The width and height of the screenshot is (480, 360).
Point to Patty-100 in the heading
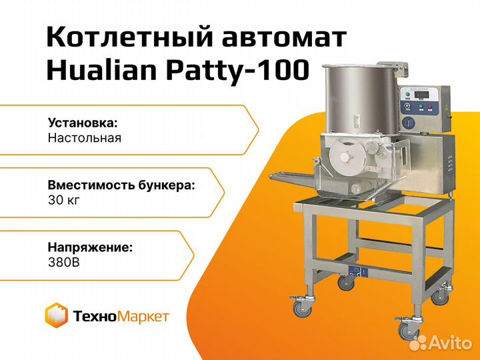coord(237,71)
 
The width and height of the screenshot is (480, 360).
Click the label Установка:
coord(83,123)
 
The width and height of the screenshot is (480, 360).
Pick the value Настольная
coord(85,138)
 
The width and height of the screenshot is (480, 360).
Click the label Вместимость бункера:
coord(121,185)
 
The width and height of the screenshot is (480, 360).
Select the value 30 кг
coord(64,200)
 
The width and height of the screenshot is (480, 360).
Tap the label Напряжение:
coord(90,247)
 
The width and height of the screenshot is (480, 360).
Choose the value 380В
coord(64,263)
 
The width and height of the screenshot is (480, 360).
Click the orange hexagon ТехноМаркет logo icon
coord(56,315)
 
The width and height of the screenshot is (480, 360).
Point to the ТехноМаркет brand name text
coord(121,316)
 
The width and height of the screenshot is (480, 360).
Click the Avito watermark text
coord(441,343)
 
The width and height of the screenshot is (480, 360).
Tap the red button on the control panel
coord(429,107)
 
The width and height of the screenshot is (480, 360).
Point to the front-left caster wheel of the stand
coord(302,307)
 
